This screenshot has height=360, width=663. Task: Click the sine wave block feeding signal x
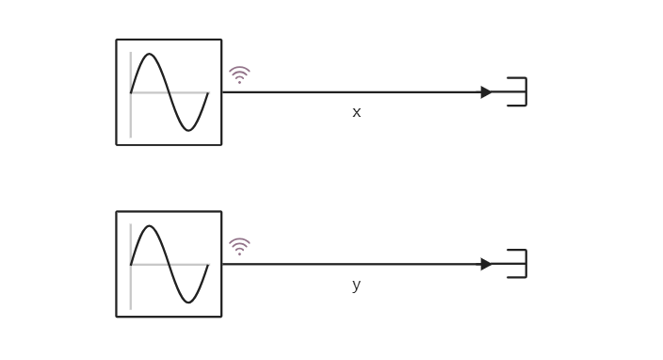(169, 92)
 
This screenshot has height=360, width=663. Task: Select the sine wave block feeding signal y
(169, 264)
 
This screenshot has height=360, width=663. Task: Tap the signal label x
(356, 112)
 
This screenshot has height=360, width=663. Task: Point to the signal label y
(356, 285)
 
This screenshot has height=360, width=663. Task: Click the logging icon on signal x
(239, 74)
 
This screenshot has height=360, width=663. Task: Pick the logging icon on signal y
(239, 246)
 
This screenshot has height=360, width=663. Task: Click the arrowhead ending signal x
(486, 92)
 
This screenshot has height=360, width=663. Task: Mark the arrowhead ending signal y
(486, 264)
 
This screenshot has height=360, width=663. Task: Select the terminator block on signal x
(517, 92)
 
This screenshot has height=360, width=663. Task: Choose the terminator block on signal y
(517, 264)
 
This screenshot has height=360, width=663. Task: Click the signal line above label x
(356, 92)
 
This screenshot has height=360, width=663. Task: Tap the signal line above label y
(356, 264)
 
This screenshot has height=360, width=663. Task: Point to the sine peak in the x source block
(150, 56)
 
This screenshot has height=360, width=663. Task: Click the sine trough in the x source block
(188, 129)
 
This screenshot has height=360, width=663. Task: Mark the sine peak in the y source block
(150, 227)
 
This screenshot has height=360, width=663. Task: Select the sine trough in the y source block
(188, 301)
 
